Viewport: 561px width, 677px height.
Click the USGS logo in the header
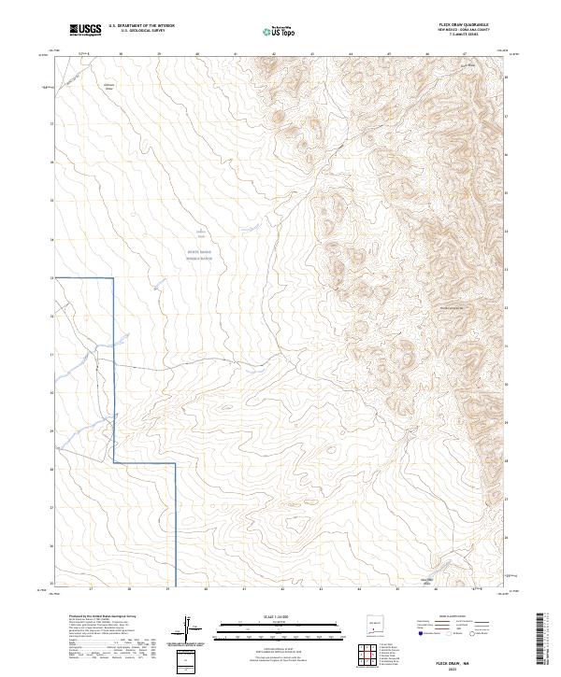[x=85, y=31]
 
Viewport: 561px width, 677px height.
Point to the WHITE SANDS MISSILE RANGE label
[x=199, y=255]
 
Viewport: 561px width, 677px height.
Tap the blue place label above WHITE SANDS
[x=199, y=232]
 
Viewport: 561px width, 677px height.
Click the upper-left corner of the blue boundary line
[x=114, y=278]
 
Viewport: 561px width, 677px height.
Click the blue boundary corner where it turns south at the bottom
[x=176, y=463]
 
